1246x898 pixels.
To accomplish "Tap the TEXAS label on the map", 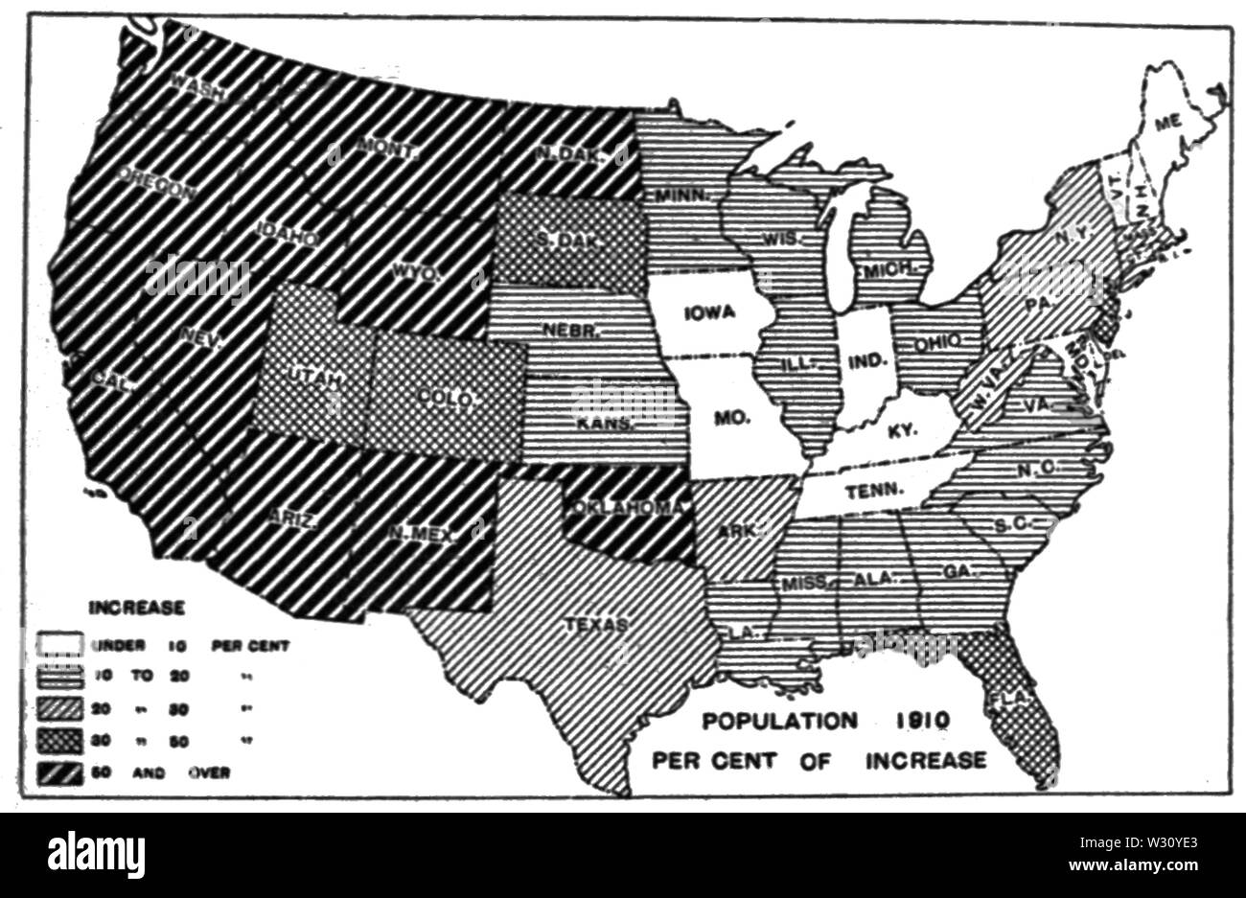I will tap(594, 625).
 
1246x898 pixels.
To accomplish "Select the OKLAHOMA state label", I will tap(628, 507).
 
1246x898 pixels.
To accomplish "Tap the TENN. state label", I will tap(875, 490).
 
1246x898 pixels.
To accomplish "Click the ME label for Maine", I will tap(1166, 122).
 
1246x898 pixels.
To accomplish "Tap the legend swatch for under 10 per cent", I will tap(59, 645).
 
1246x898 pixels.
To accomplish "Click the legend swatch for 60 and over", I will tap(59, 771).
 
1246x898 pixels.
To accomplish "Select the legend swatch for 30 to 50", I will tap(59, 740).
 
